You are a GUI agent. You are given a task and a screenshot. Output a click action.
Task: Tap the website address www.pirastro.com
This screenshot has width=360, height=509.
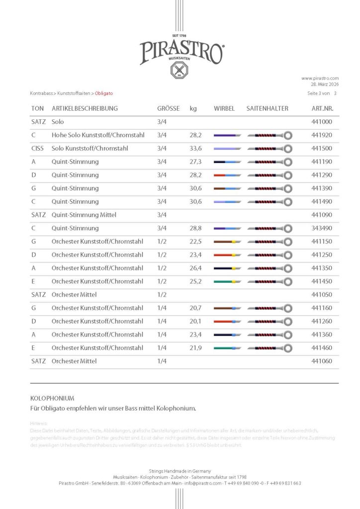[320, 78]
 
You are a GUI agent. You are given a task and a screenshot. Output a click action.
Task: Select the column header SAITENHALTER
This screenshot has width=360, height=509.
[267, 108]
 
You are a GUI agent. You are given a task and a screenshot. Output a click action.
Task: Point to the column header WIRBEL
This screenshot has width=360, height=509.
[224, 108]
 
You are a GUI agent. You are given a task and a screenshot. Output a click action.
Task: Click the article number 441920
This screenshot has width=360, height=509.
[322, 135]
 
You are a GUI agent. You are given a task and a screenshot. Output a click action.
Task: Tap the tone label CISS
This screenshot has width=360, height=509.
[37, 148]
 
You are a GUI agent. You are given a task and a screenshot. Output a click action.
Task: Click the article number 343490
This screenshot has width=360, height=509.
[322, 228]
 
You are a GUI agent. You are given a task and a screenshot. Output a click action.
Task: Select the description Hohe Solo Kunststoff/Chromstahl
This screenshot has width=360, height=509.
[98, 135]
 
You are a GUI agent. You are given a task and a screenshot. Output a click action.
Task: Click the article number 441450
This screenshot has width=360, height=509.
[322, 281]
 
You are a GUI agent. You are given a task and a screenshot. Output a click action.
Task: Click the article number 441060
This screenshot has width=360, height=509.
[322, 361]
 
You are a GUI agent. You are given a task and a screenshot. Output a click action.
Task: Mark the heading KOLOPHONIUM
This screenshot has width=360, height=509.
[52, 398]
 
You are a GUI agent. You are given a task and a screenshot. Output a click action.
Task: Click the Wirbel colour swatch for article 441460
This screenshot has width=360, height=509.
[227, 348]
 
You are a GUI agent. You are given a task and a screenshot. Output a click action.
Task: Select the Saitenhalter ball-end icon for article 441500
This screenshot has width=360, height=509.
[287, 149]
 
